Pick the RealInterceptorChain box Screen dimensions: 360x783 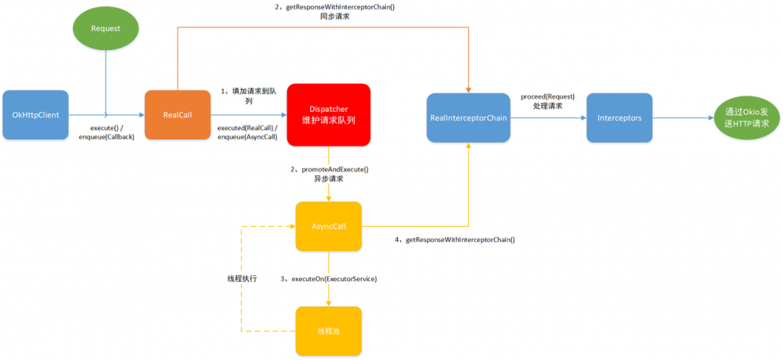point(468,118)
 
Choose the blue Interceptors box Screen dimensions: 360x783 point(619,118)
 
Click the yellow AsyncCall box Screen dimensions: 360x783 point(329,227)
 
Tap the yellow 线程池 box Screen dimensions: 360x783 point(329,331)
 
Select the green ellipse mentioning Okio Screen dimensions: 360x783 point(742,117)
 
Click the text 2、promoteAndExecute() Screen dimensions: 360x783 point(329,169)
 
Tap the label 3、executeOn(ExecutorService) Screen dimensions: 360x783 point(330,278)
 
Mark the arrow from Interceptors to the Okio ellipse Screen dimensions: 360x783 point(680,118)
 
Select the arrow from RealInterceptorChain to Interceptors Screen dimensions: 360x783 point(546,118)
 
